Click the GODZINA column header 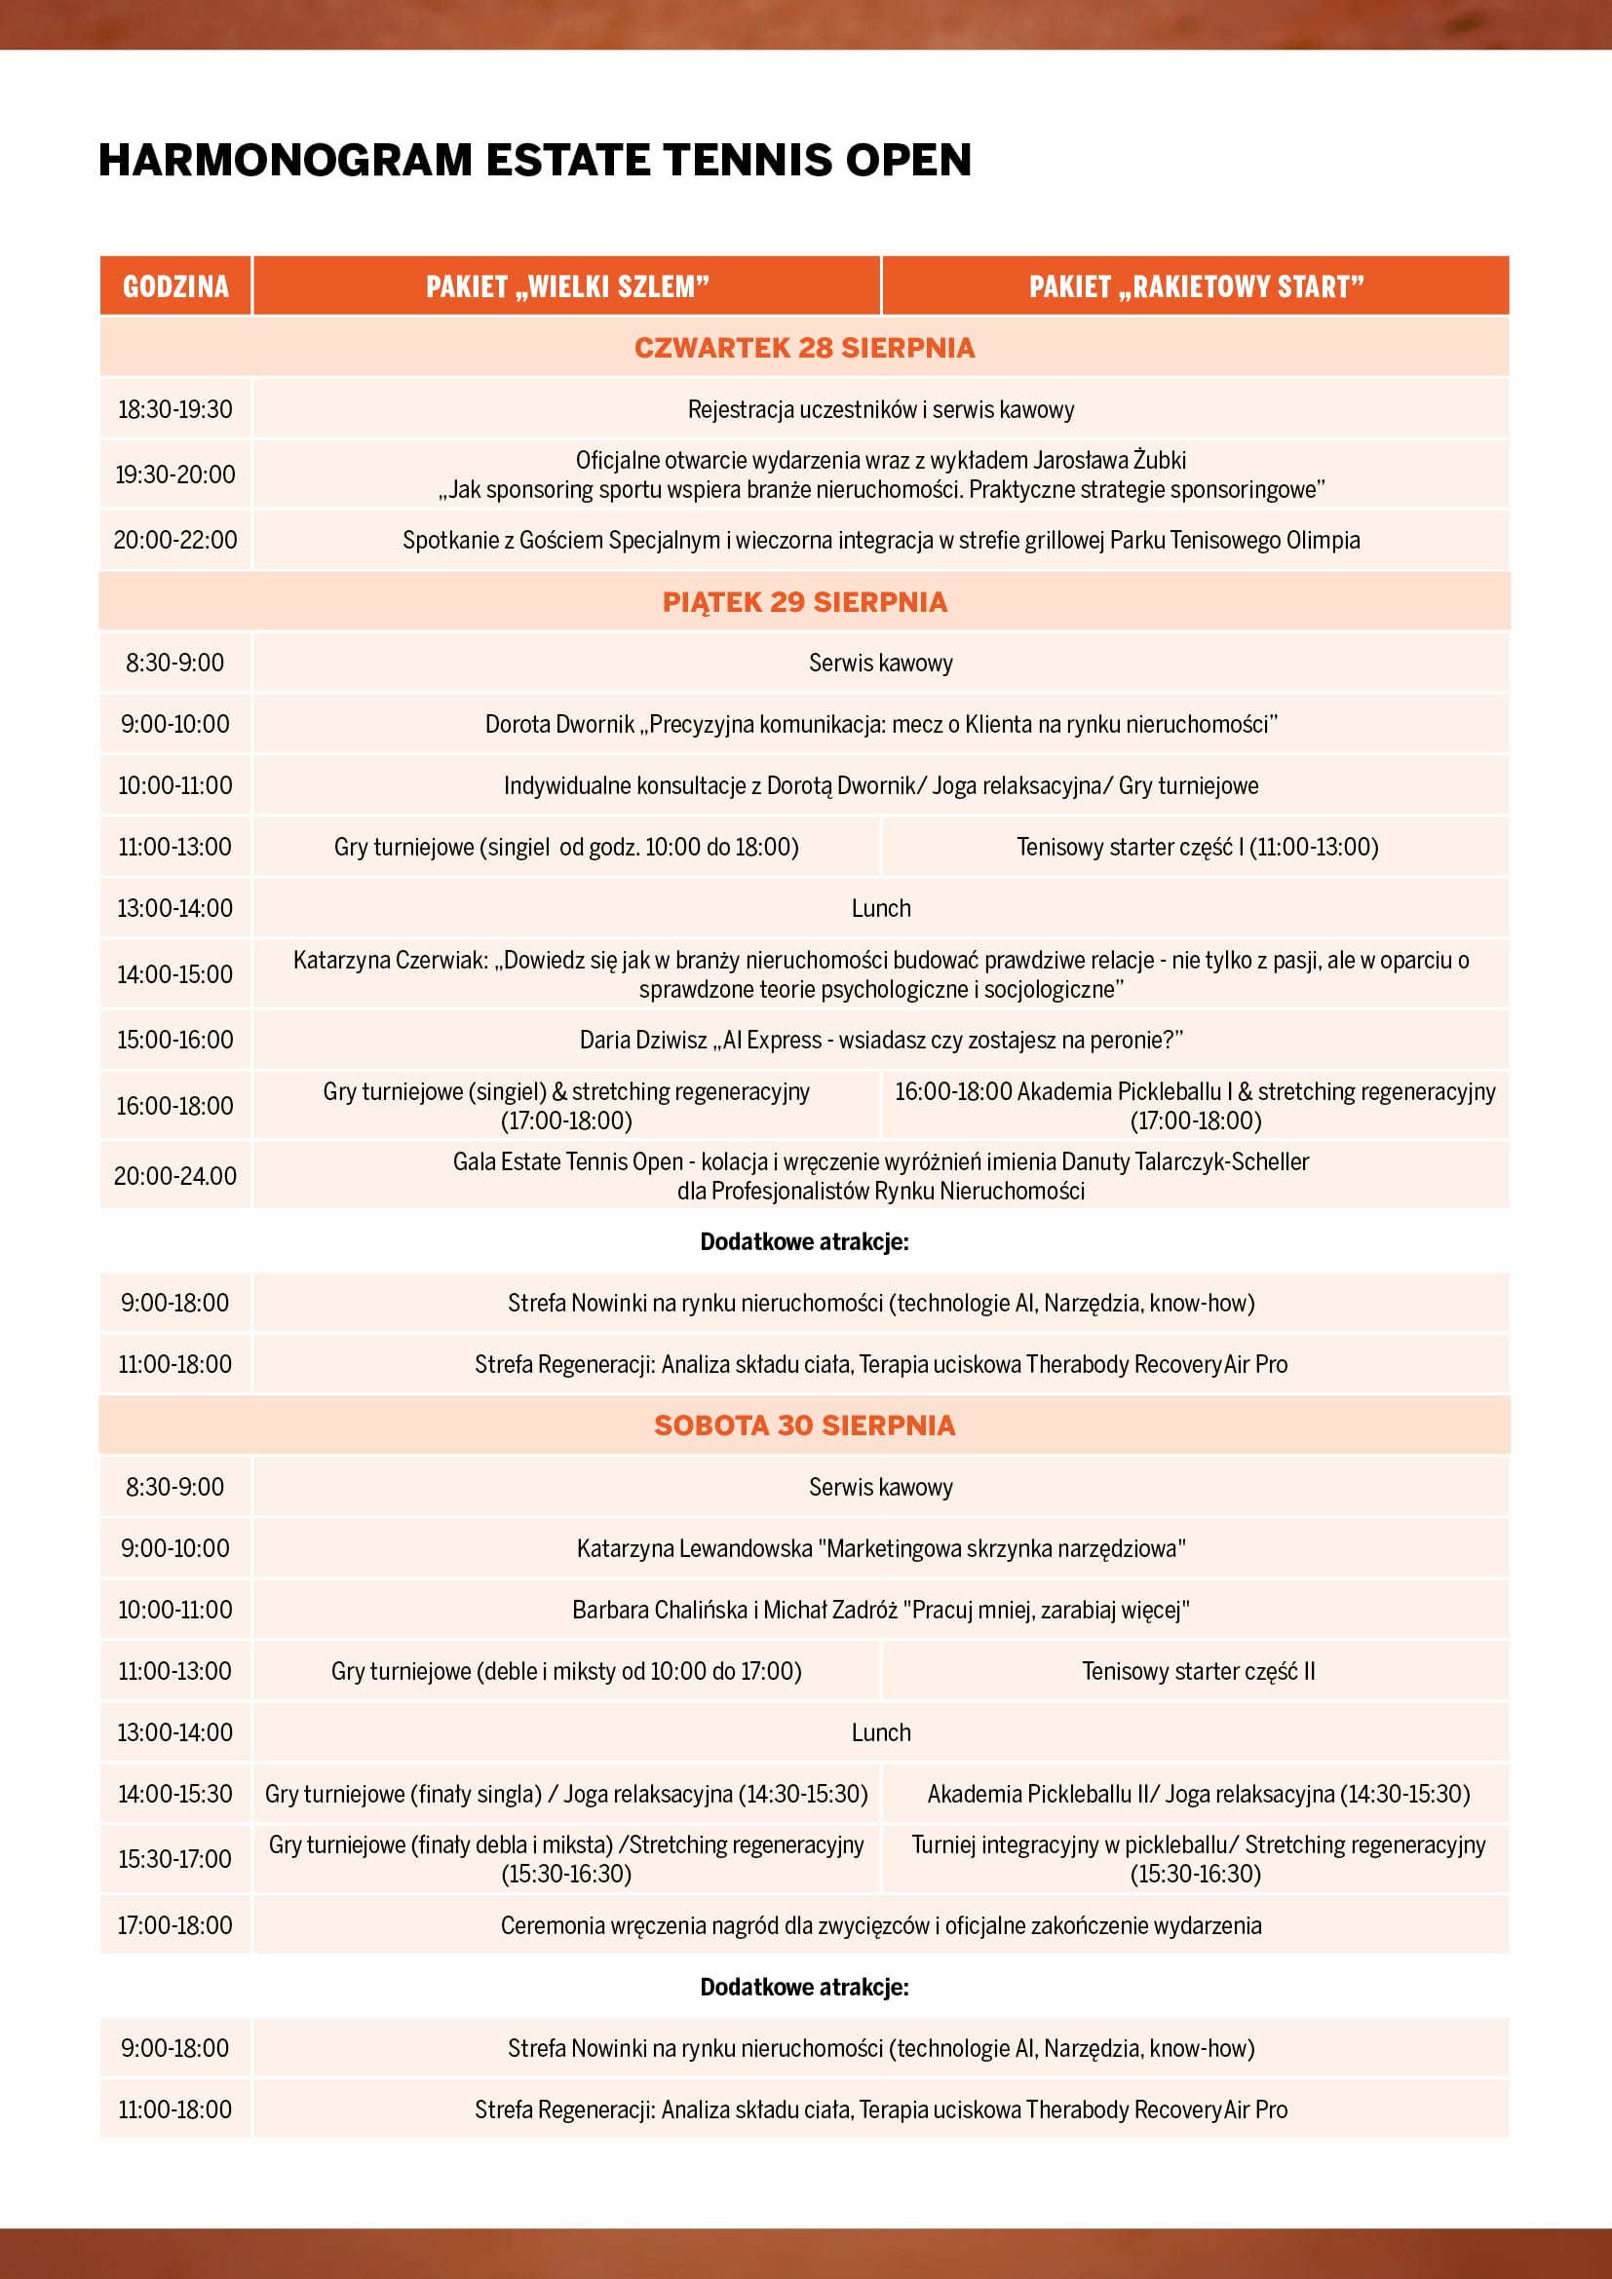[175, 286]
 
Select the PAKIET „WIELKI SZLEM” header [567, 286]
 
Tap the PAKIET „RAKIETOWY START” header [1196, 286]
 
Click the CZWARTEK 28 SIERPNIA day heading [804, 348]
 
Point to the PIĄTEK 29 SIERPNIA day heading [804, 601]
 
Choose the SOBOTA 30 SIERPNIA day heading [804, 1425]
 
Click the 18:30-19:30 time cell [175, 409]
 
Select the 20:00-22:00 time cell [175, 540]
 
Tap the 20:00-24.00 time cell [175, 1176]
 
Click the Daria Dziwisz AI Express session [880, 1041]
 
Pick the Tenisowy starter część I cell [1196, 847]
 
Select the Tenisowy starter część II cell [1197, 1671]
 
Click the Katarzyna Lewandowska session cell [880, 1548]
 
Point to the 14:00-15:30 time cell [175, 1794]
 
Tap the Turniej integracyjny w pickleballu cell [1197, 1859]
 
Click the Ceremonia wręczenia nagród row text [880, 1925]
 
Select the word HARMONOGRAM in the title [285, 160]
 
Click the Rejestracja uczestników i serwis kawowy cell [880, 409]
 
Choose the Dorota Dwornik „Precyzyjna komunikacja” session [880, 725]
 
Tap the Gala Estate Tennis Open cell [880, 1176]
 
